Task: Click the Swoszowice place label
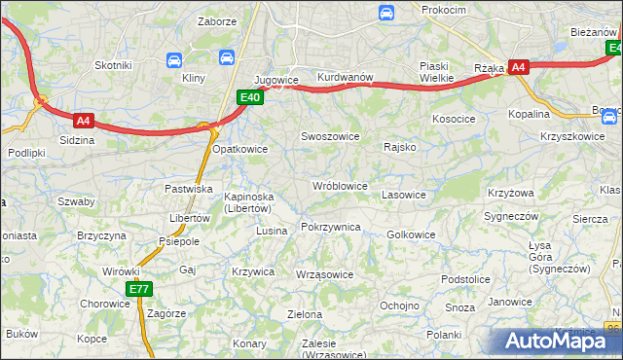330,137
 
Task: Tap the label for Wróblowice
339,186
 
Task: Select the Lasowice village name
404,195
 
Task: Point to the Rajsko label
400,148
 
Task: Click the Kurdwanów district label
346,78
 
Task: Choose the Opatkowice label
239,149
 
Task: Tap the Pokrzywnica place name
331,227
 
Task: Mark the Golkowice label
411,234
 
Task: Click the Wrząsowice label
324,274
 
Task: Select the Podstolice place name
465,279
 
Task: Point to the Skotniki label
113,65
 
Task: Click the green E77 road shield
138,289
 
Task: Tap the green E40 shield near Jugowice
250,96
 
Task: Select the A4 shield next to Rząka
519,67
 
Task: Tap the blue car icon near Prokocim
386,13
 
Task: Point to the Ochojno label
398,306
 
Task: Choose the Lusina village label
272,231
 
